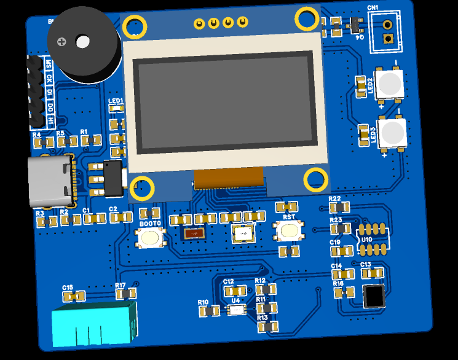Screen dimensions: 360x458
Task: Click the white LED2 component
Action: click(x=389, y=84)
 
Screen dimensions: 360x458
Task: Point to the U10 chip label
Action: click(x=366, y=239)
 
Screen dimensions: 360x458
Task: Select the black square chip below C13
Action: click(x=374, y=295)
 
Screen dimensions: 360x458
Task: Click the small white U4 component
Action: click(x=237, y=310)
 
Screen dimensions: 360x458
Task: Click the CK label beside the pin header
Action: click(x=49, y=78)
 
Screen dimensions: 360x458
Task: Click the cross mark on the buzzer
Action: click(x=61, y=42)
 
